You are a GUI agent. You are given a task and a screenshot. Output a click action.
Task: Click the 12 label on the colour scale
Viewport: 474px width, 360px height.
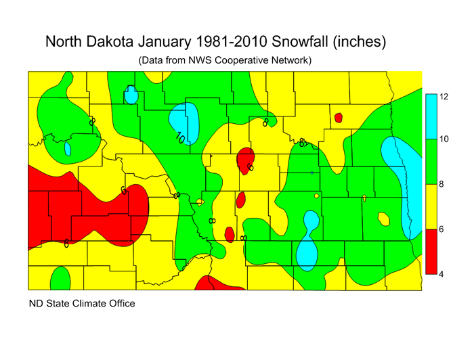click(444, 97)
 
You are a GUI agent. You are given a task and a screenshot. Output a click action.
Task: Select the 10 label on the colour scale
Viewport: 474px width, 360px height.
click(444, 139)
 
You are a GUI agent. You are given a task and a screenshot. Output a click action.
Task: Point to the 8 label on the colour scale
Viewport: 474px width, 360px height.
click(441, 184)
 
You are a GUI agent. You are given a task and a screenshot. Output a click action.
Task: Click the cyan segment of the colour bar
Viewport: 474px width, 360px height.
click(429, 116)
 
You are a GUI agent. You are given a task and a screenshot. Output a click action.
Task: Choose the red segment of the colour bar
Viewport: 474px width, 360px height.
click(429, 252)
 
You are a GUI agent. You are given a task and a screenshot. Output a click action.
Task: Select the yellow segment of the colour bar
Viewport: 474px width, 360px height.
click(429, 206)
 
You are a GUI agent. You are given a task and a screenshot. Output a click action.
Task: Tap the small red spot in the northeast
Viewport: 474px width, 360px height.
click(338, 118)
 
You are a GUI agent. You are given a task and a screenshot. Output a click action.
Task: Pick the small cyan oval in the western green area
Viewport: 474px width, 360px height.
click(68, 148)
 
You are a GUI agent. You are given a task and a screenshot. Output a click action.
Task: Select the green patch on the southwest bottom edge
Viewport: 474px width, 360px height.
click(60, 278)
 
